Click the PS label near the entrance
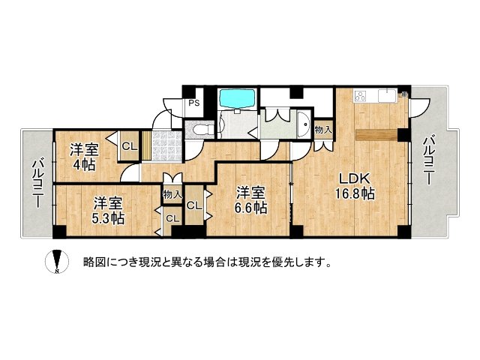193,103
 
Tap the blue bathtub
238,99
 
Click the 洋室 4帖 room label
84,154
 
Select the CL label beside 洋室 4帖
128,145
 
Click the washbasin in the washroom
303,124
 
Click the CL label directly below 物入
172,218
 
